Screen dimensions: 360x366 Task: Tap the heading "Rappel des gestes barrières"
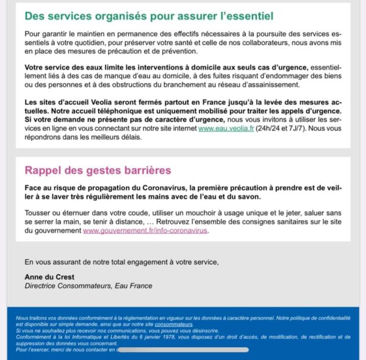coord(98,170)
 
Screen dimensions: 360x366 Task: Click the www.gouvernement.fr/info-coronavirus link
coord(145,231)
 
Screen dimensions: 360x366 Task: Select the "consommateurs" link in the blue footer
coord(174,325)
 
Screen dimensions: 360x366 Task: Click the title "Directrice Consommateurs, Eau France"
coord(88,286)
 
